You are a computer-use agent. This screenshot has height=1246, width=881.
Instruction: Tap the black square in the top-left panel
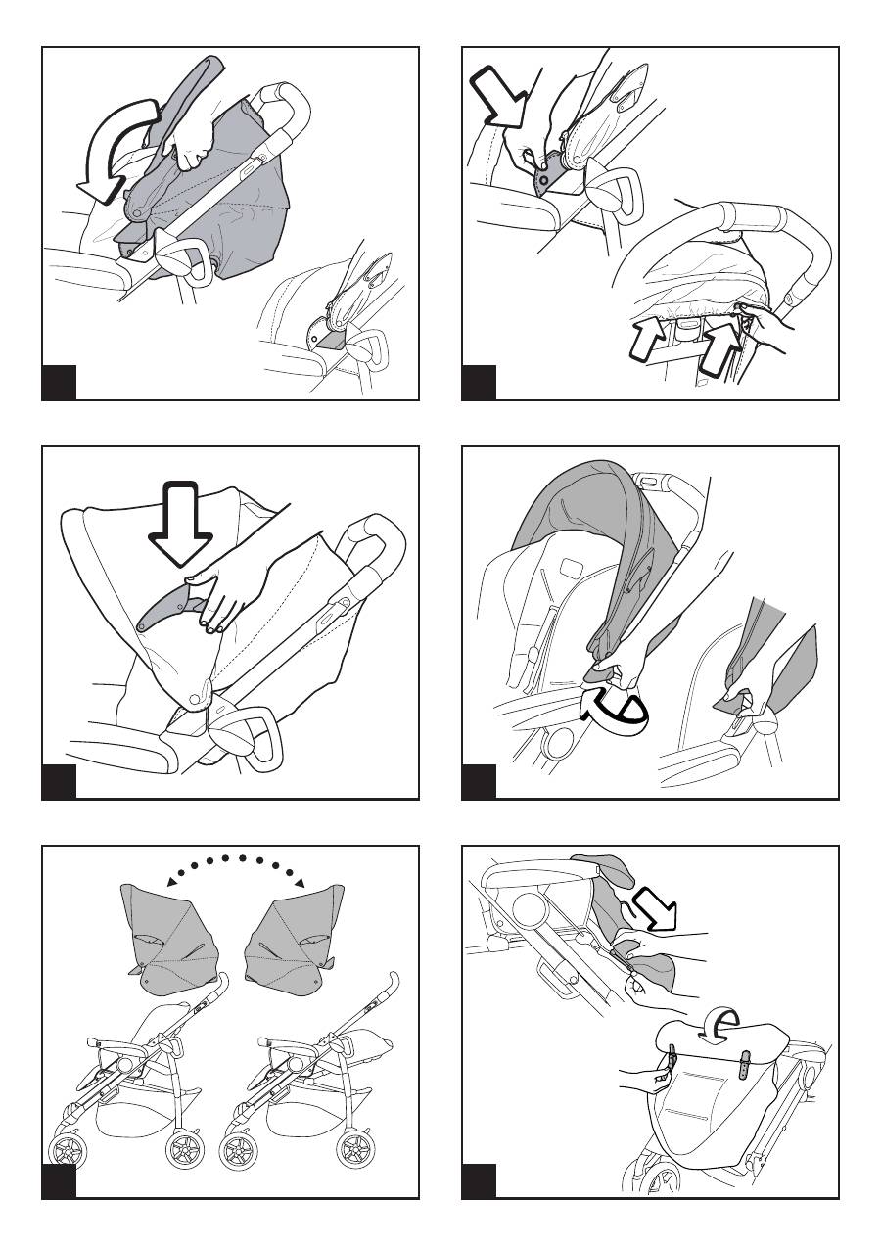pos(59,383)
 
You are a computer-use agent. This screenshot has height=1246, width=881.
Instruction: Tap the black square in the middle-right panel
pos(479,782)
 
